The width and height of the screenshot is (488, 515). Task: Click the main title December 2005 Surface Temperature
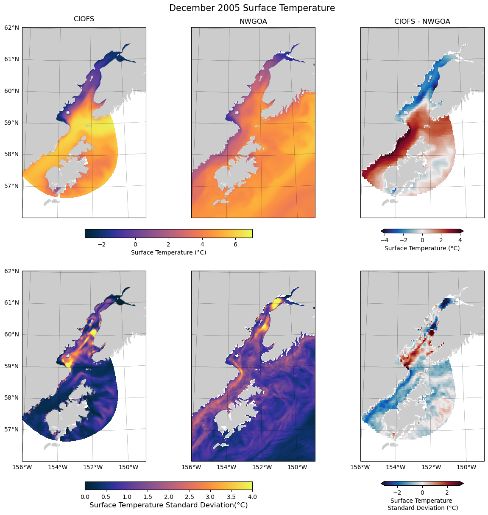tap(252, 8)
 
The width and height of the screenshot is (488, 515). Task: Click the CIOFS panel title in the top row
tap(84, 19)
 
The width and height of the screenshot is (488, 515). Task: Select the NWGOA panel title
tap(253, 21)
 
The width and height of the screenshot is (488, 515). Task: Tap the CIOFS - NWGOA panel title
tap(422, 21)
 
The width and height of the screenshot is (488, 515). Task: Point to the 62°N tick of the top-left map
tap(12, 28)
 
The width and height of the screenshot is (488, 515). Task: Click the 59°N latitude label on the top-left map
tap(12, 123)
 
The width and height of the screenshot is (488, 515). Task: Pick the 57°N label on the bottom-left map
tap(12, 429)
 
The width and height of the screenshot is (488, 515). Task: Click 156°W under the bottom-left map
tap(22, 467)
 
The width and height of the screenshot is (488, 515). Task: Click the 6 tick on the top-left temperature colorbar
tap(235, 244)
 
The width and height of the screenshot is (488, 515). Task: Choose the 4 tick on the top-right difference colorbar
tap(460, 240)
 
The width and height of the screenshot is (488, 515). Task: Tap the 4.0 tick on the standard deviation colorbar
tap(252, 496)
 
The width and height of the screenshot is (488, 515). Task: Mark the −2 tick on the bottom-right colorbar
tap(397, 493)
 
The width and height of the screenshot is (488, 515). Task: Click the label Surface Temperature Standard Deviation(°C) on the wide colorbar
tap(168, 505)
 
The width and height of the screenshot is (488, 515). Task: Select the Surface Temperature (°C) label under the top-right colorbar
tap(422, 248)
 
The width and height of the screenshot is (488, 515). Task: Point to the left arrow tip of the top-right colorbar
tap(382, 231)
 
